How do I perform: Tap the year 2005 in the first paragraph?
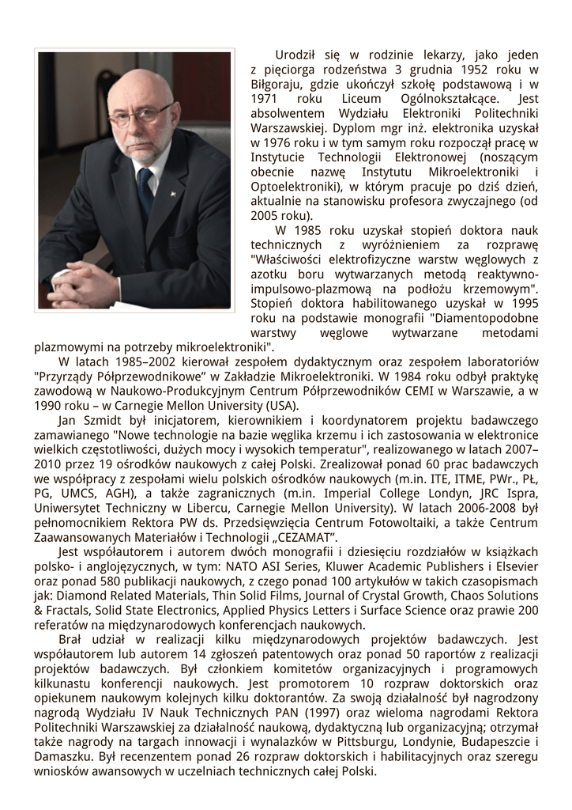[264, 216]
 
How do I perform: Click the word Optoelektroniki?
[291, 187]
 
